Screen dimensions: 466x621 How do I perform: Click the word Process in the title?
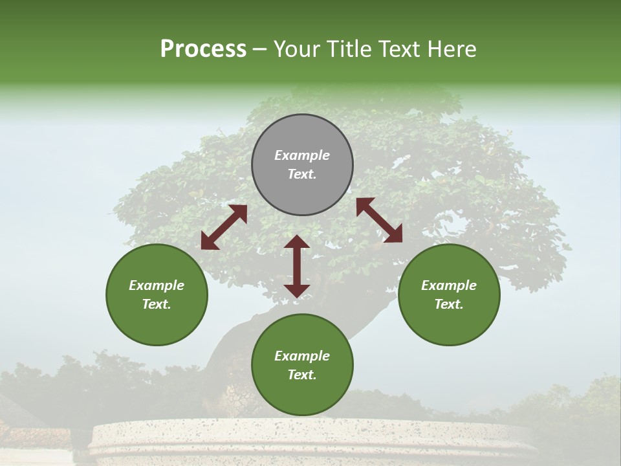click(203, 49)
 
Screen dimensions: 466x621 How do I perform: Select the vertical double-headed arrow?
click(297, 266)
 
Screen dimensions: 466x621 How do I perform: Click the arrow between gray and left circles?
click(224, 227)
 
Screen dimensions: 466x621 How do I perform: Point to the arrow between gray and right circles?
click(379, 220)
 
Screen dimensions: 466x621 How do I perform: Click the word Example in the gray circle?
click(302, 155)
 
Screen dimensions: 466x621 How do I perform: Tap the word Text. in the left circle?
click(157, 304)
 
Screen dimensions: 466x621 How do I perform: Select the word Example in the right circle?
click(449, 285)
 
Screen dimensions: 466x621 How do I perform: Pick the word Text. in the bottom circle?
click(302, 375)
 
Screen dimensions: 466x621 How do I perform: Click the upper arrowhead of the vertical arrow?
click(297, 242)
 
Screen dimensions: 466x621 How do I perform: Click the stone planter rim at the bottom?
click(310, 434)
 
